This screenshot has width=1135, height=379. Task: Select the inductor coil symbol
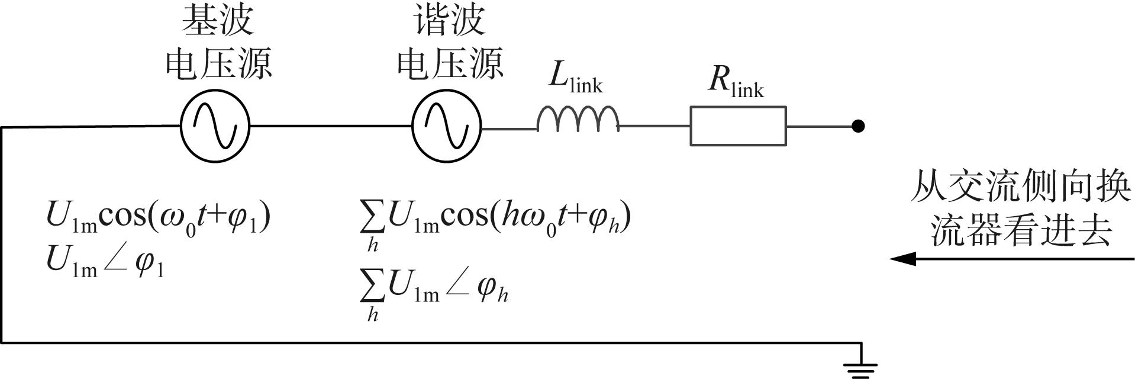[578, 118]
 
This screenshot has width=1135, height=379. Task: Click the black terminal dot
[858, 126]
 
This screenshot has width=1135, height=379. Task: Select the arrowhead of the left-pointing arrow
[903, 259]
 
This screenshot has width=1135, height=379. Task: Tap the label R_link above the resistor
[736, 81]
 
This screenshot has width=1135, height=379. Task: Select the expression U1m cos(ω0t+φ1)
[159, 218]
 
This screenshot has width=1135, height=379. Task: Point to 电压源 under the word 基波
[218, 63]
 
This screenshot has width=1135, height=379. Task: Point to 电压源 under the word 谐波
[450, 63]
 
